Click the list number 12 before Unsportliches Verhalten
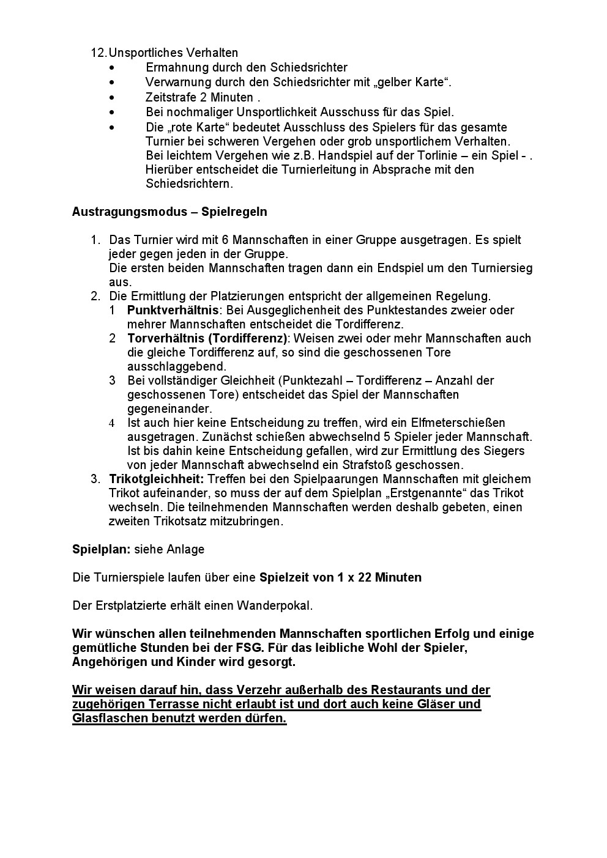pos(98,53)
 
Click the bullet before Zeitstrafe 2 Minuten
pos(111,97)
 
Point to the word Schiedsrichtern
pos(189,183)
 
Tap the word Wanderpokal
pos(278,606)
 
